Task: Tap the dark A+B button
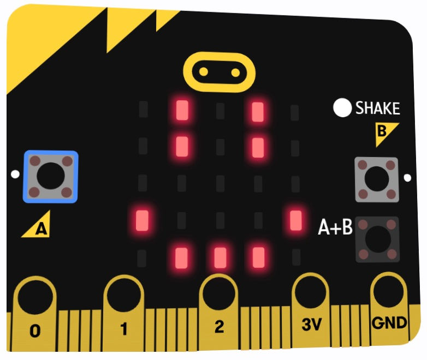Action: click(377, 239)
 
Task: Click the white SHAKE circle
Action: click(342, 108)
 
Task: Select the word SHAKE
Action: click(377, 109)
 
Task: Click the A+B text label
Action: click(335, 227)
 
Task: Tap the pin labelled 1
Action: click(124, 313)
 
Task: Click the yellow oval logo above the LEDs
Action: click(220, 71)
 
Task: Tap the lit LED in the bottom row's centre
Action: click(220, 257)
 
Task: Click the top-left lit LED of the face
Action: click(182, 111)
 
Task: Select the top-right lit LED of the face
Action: click(258, 112)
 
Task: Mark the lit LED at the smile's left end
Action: click(143, 220)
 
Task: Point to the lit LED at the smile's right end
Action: click(296, 220)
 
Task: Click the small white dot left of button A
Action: click(15, 175)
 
